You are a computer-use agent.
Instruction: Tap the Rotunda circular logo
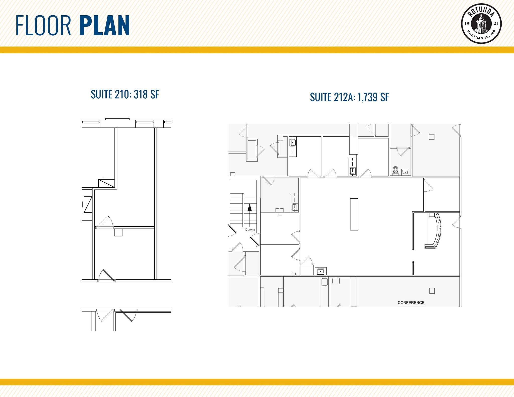point(481,24)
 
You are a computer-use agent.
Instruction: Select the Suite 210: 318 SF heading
point(125,95)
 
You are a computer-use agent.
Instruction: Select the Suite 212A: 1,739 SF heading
point(349,97)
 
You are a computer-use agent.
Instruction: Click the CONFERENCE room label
point(411,303)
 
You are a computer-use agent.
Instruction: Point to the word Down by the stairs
point(250,229)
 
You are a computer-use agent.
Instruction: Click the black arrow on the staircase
point(249,208)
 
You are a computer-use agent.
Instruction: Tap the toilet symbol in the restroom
point(396,170)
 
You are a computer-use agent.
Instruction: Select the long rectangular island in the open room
point(354,214)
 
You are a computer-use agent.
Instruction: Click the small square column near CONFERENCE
point(432,291)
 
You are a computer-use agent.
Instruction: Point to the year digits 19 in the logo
point(467,24)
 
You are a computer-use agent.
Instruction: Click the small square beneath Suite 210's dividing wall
point(118,232)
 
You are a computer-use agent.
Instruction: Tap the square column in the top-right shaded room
point(431,137)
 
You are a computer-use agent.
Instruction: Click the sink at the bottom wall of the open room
point(320,271)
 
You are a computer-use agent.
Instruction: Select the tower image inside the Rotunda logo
point(481,24)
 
